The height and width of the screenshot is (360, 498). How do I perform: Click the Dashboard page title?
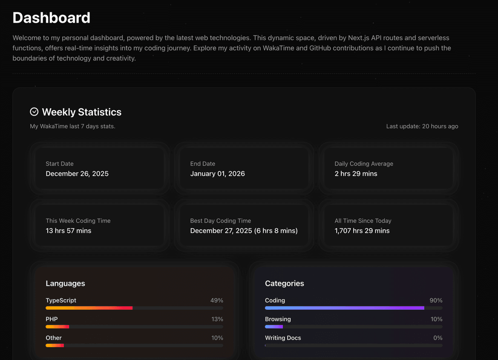pyautogui.click(x=51, y=18)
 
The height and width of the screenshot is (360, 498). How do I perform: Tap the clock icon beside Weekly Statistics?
pyautogui.click(x=34, y=112)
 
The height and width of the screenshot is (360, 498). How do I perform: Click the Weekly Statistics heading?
pyautogui.click(x=82, y=112)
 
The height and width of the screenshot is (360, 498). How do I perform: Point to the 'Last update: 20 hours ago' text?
pyautogui.click(x=422, y=126)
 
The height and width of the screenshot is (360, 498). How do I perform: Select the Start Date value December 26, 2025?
pyautogui.click(x=77, y=174)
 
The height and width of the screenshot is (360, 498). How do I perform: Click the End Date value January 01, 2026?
pyautogui.click(x=217, y=174)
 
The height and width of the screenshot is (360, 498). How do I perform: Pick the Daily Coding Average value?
pyautogui.click(x=356, y=174)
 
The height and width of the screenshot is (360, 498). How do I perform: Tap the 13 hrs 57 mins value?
pyautogui.click(x=69, y=231)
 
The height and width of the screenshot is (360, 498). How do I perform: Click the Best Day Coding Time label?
pyautogui.click(x=220, y=221)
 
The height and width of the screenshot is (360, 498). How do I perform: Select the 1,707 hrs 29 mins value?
pyautogui.click(x=362, y=231)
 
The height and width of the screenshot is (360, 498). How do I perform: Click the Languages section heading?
pyautogui.click(x=65, y=283)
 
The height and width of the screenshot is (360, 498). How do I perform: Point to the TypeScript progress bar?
pyautogui.click(x=134, y=308)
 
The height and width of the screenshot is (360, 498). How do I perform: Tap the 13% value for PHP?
pyautogui.click(x=217, y=319)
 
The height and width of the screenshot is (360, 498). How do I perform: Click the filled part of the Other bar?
pyautogui.click(x=55, y=346)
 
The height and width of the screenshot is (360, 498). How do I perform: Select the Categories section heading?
pyautogui.click(x=285, y=283)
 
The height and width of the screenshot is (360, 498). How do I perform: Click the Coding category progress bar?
pyautogui.click(x=354, y=308)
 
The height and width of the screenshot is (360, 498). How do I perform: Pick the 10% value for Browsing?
pyautogui.click(x=436, y=319)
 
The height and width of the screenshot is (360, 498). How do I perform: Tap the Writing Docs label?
pyautogui.click(x=283, y=338)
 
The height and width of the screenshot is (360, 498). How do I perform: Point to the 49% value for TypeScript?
pyautogui.click(x=216, y=300)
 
